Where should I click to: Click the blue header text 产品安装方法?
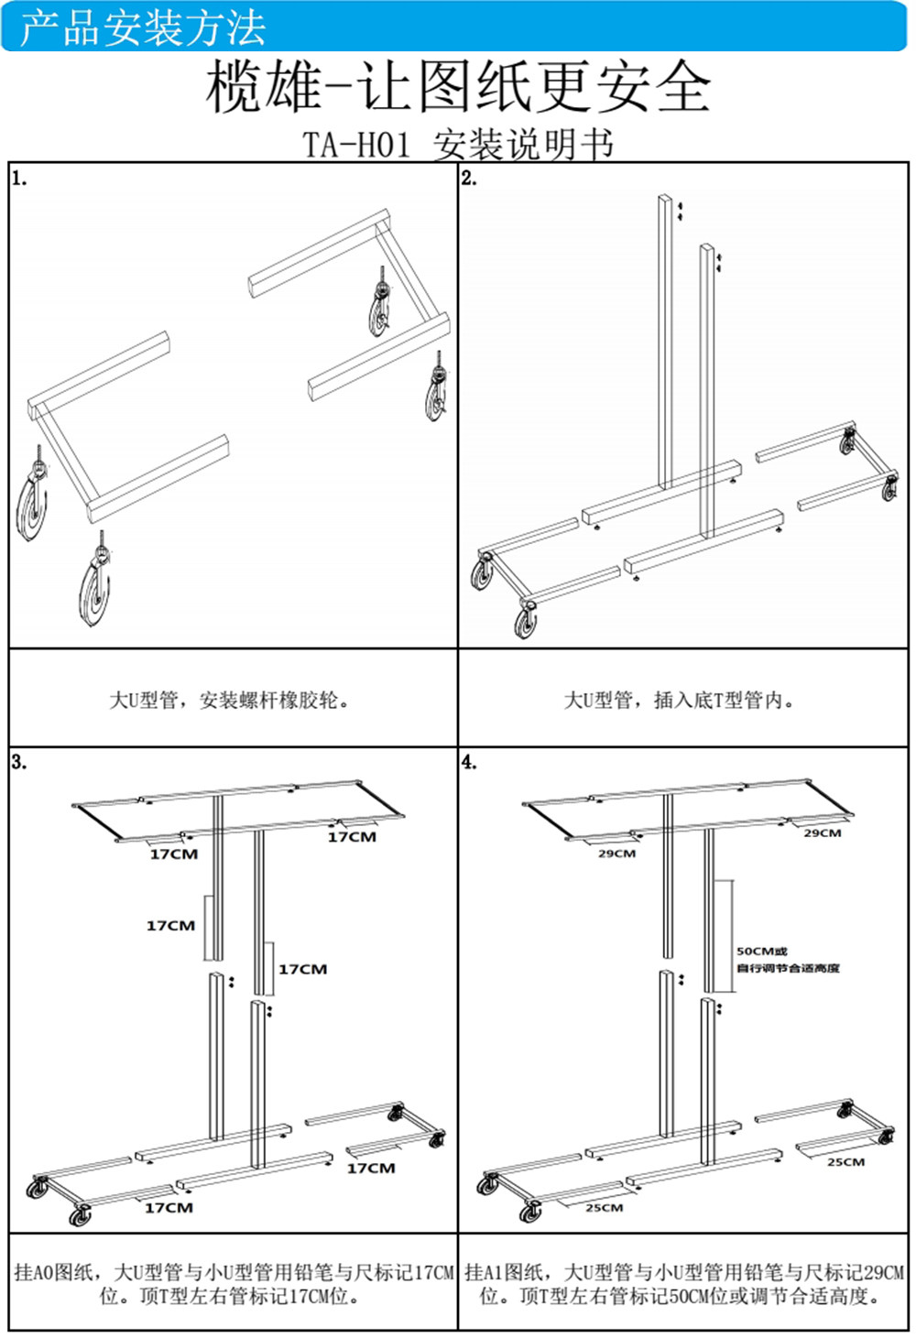143,27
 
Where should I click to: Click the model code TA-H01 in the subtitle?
356,145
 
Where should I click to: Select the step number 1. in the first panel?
19,179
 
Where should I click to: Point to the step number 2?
469,179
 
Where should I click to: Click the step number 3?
19,762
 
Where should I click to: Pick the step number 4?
469,762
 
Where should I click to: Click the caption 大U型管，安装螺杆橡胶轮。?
229,701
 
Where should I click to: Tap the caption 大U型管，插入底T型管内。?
679,701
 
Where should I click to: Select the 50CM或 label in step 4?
761,952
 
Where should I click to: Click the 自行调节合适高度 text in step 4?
788,968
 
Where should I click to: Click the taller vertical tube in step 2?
666,339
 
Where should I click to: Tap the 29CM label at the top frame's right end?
822,833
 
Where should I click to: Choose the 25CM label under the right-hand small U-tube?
845,1162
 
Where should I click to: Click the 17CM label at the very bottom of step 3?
169,1208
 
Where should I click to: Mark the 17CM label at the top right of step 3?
352,837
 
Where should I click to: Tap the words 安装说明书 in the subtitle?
522,145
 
